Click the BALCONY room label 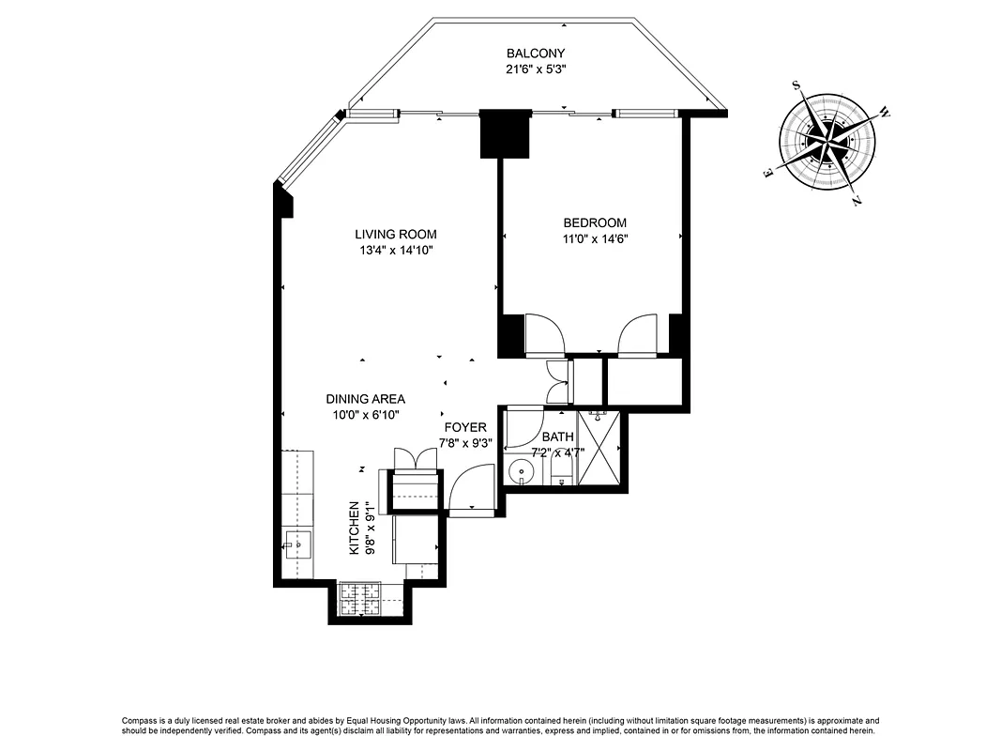536,54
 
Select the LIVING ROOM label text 395,234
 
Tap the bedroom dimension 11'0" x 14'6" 595,238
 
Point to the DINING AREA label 366,399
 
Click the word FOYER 465,427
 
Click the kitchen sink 297,543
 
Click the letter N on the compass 857,200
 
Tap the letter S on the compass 796,85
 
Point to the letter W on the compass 884,113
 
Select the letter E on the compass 768,173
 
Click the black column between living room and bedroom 504,134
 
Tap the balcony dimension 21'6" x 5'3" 536,69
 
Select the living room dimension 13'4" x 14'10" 395,250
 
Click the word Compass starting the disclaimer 142,719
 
